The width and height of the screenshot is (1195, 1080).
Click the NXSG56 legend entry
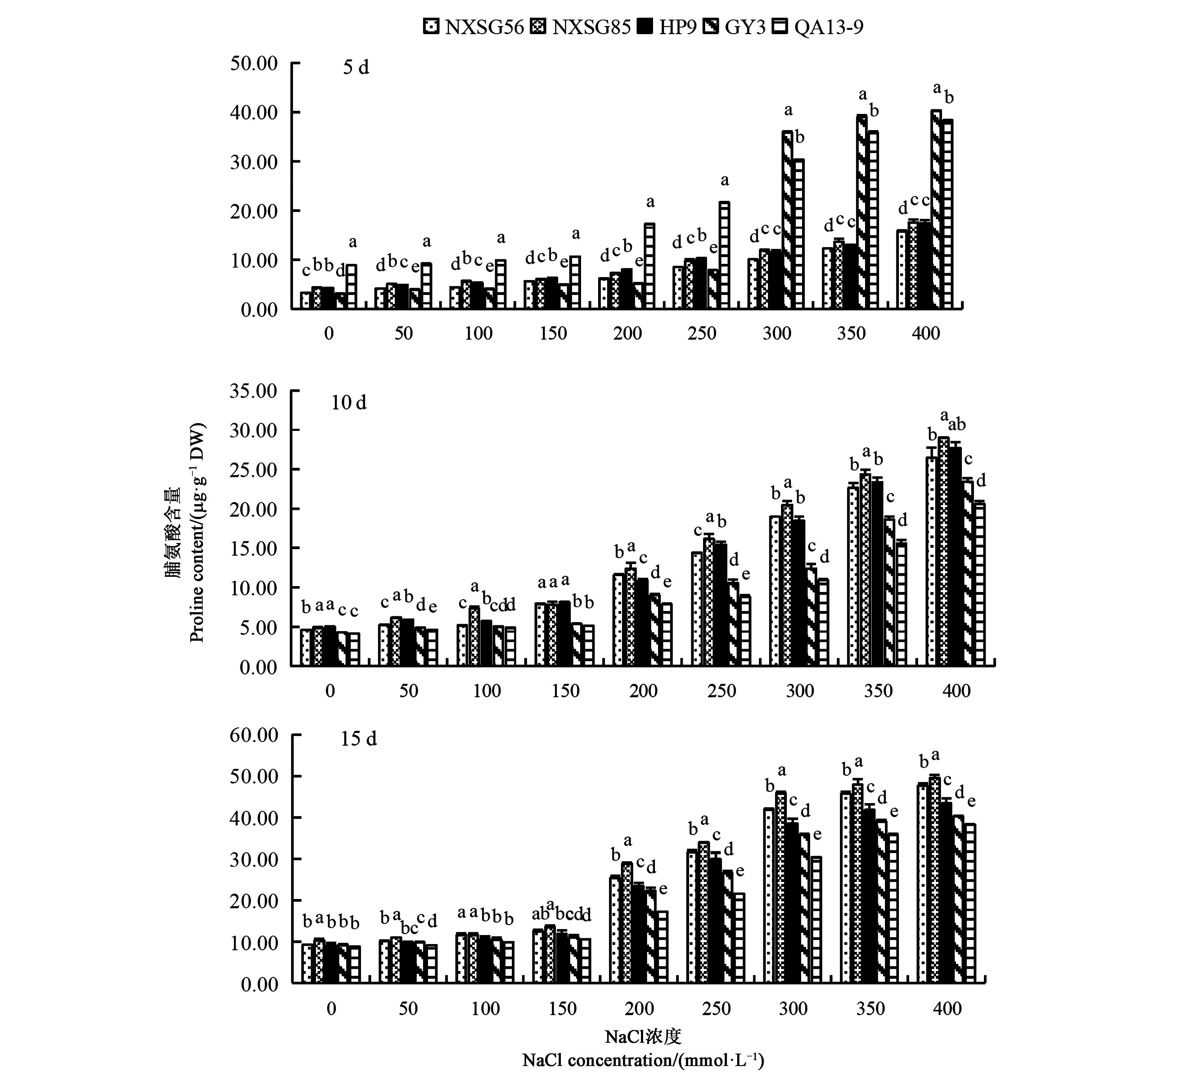[x=474, y=27]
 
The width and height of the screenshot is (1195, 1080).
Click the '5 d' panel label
[x=356, y=68]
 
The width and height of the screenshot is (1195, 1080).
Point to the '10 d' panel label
[x=349, y=403]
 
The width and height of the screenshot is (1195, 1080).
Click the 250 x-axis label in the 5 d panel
[x=702, y=333]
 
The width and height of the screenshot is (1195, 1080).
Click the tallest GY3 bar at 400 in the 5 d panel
[x=936, y=209]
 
